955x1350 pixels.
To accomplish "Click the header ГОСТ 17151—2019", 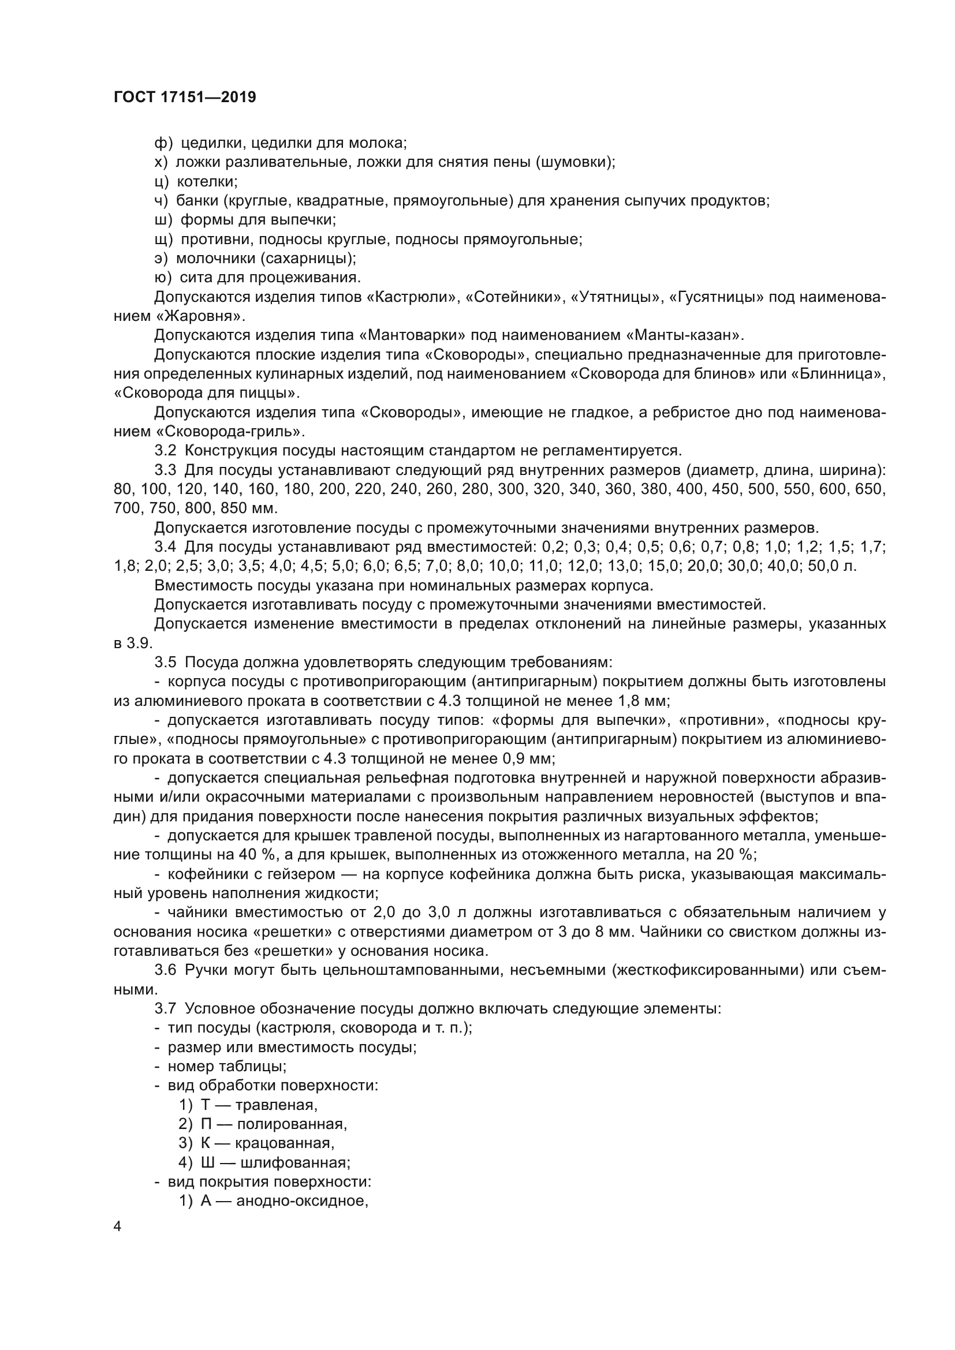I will click(x=185, y=98).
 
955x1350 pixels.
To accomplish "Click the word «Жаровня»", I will click(x=199, y=316).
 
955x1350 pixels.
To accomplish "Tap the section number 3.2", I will click(x=165, y=451).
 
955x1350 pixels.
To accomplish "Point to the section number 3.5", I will click(x=165, y=663).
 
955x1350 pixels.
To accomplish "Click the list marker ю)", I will click(x=162, y=278).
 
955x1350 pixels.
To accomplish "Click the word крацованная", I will click(x=285, y=1143).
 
